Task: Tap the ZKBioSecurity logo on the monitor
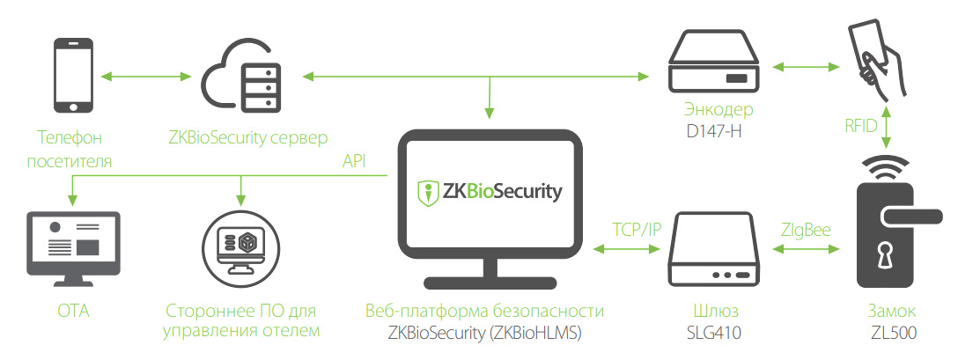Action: [x=489, y=192]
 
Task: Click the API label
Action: [x=355, y=162]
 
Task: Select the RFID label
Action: [x=859, y=126]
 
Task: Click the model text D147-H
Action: [x=717, y=132]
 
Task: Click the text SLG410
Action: [x=716, y=332]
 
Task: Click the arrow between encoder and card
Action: [x=803, y=67]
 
